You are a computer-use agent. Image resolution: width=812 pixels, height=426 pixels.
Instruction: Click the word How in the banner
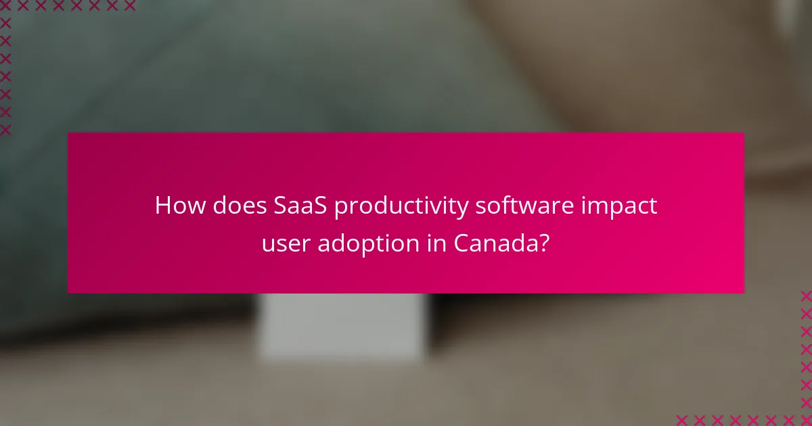176,206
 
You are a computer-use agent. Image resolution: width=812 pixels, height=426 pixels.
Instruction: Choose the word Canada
493,243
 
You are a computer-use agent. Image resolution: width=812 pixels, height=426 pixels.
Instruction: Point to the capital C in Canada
462,243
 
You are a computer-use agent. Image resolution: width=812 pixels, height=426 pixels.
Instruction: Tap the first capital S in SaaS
283,206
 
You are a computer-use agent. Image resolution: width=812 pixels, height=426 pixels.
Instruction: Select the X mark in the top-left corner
6,6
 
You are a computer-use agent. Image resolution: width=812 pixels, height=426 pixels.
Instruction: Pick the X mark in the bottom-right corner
805,419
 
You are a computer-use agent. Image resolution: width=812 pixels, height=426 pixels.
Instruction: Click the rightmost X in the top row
129,6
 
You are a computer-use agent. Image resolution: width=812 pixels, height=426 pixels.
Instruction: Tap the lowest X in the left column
6,129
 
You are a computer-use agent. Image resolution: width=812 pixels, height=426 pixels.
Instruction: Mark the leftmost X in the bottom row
682,419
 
